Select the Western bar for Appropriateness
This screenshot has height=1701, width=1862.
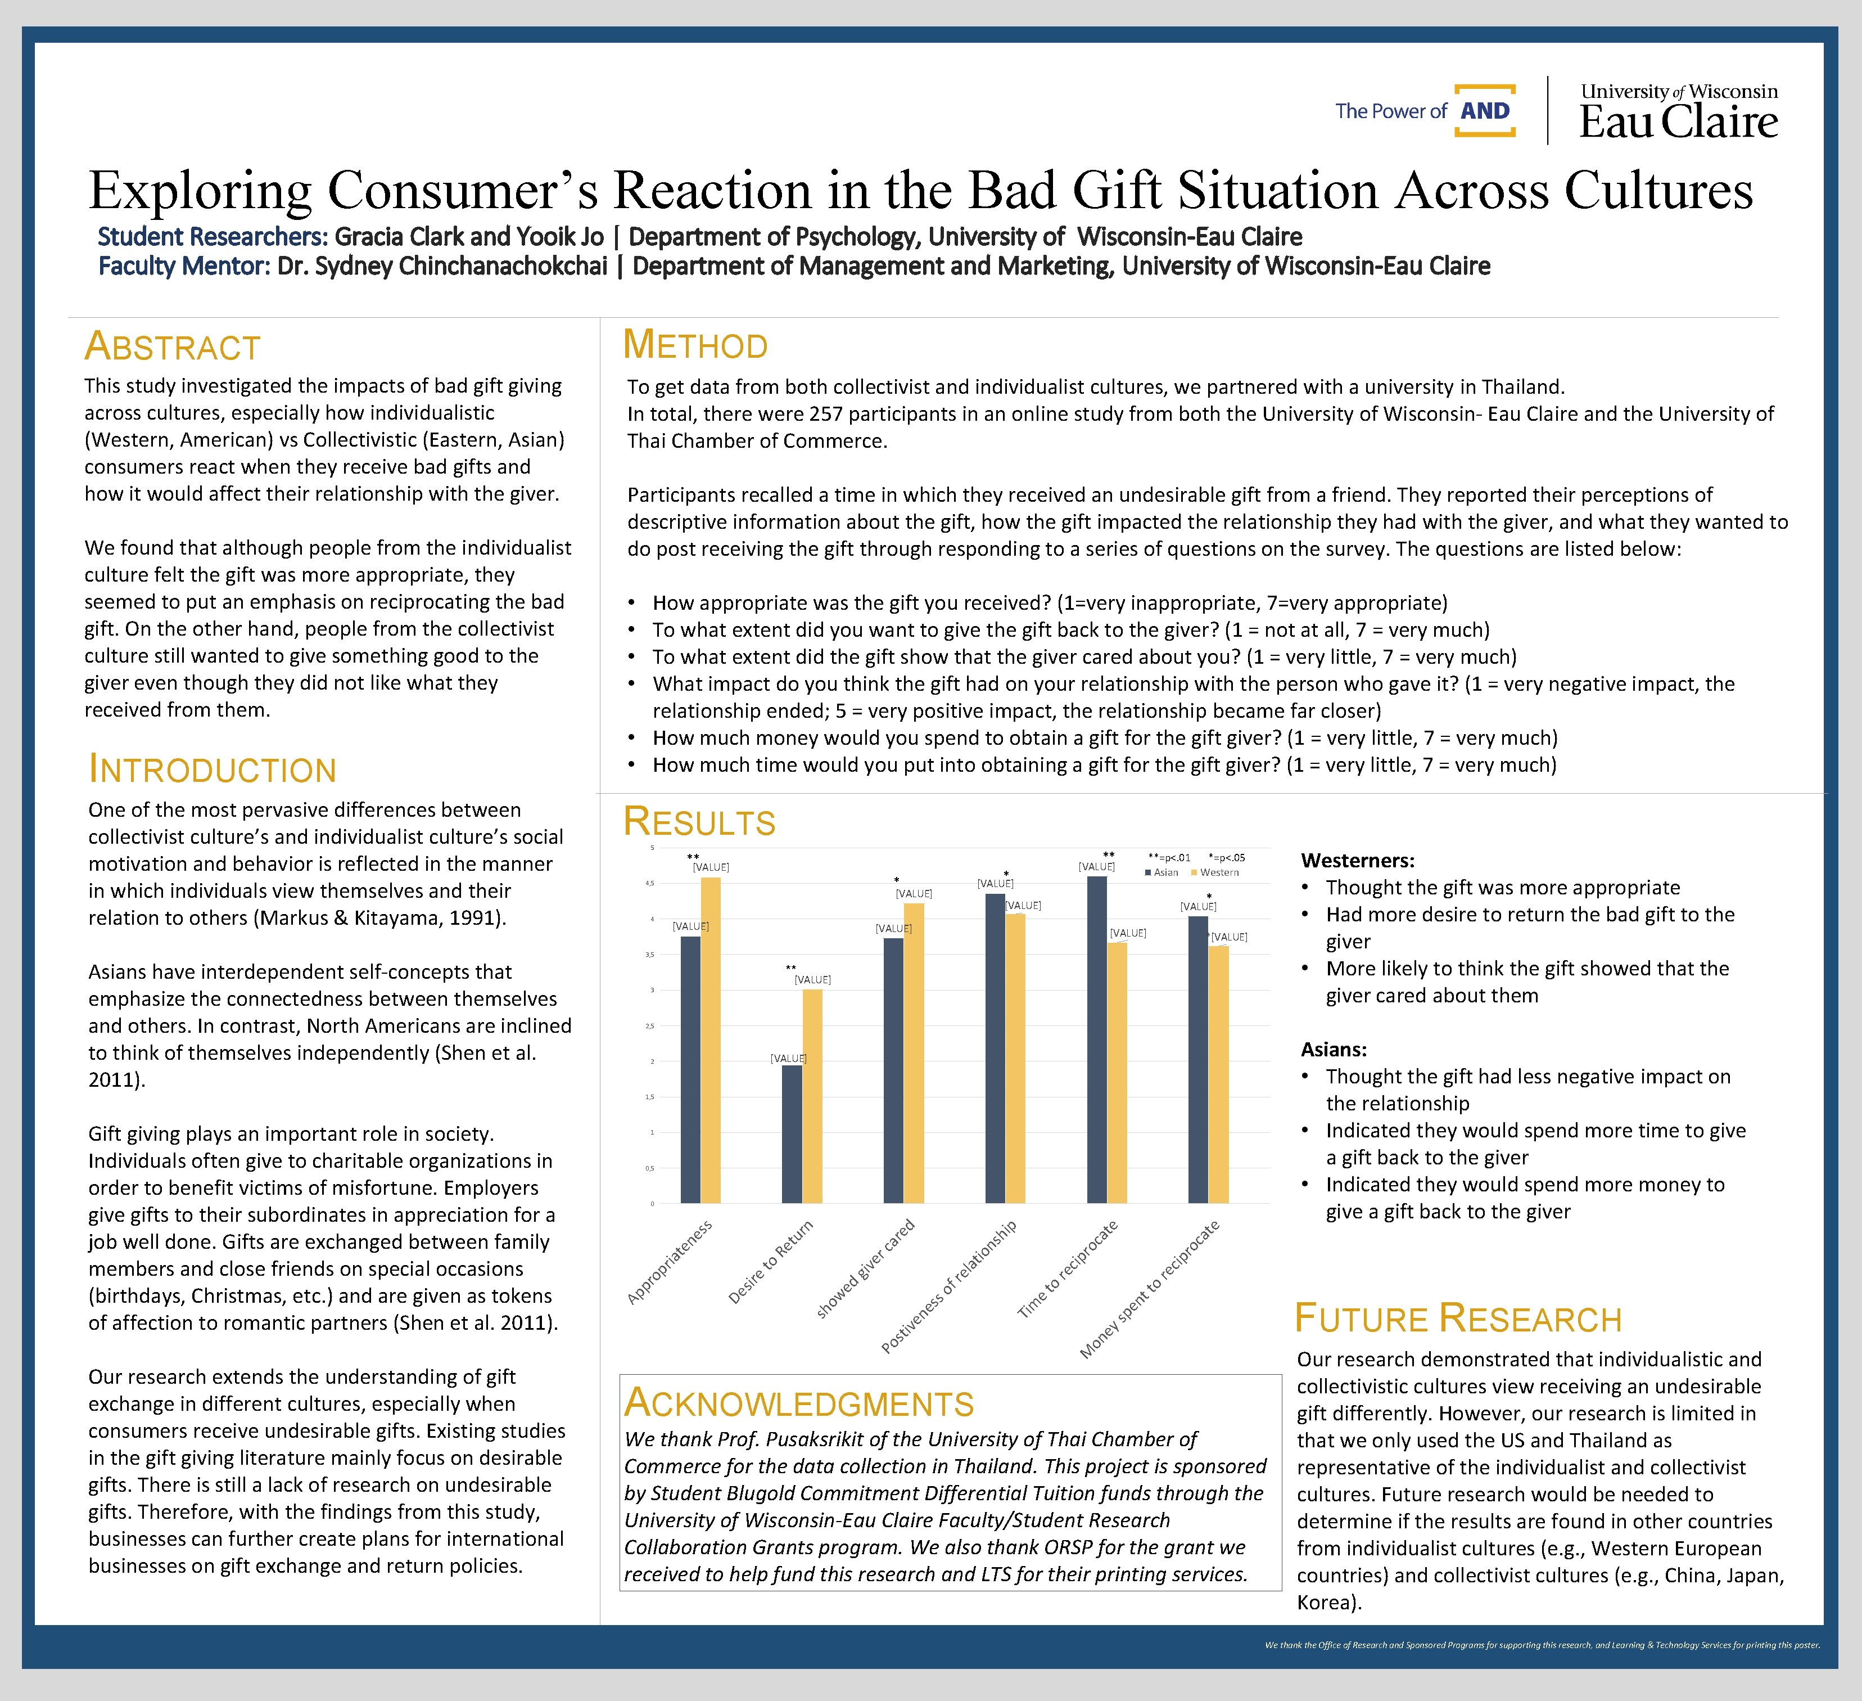pos(710,1039)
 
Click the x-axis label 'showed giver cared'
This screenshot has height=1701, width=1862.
pos(865,1268)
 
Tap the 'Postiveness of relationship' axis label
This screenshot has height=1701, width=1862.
pos(948,1286)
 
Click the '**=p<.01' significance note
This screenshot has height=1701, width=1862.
pos(1168,857)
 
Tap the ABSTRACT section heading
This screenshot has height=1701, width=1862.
pos(173,348)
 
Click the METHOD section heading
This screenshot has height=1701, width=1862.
pos(695,345)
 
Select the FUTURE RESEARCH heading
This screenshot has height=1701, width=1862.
pos(1457,1318)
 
